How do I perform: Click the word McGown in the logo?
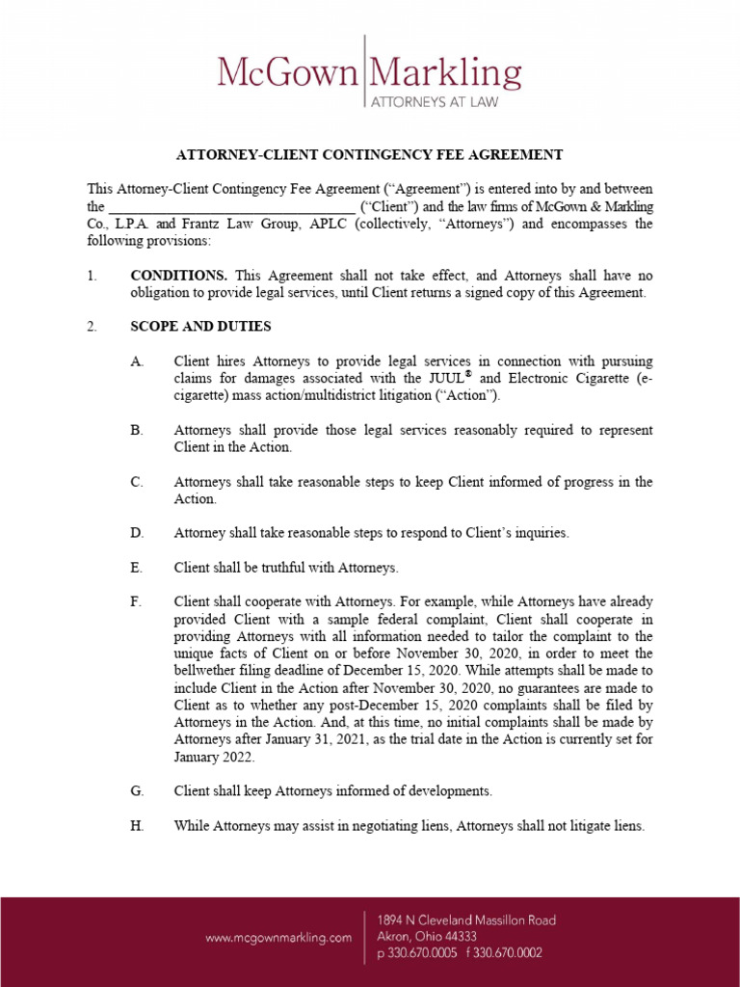click(x=286, y=73)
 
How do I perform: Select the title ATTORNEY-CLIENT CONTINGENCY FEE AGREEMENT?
click(x=369, y=154)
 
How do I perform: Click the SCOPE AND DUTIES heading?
click(x=200, y=327)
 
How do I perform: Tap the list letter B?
click(x=137, y=430)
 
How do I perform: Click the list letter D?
click(x=137, y=532)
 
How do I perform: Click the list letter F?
click(x=136, y=601)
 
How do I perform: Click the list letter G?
click(x=137, y=791)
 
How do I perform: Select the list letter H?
click(x=137, y=826)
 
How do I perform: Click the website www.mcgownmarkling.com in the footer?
click(x=278, y=937)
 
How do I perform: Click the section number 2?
click(x=92, y=327)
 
